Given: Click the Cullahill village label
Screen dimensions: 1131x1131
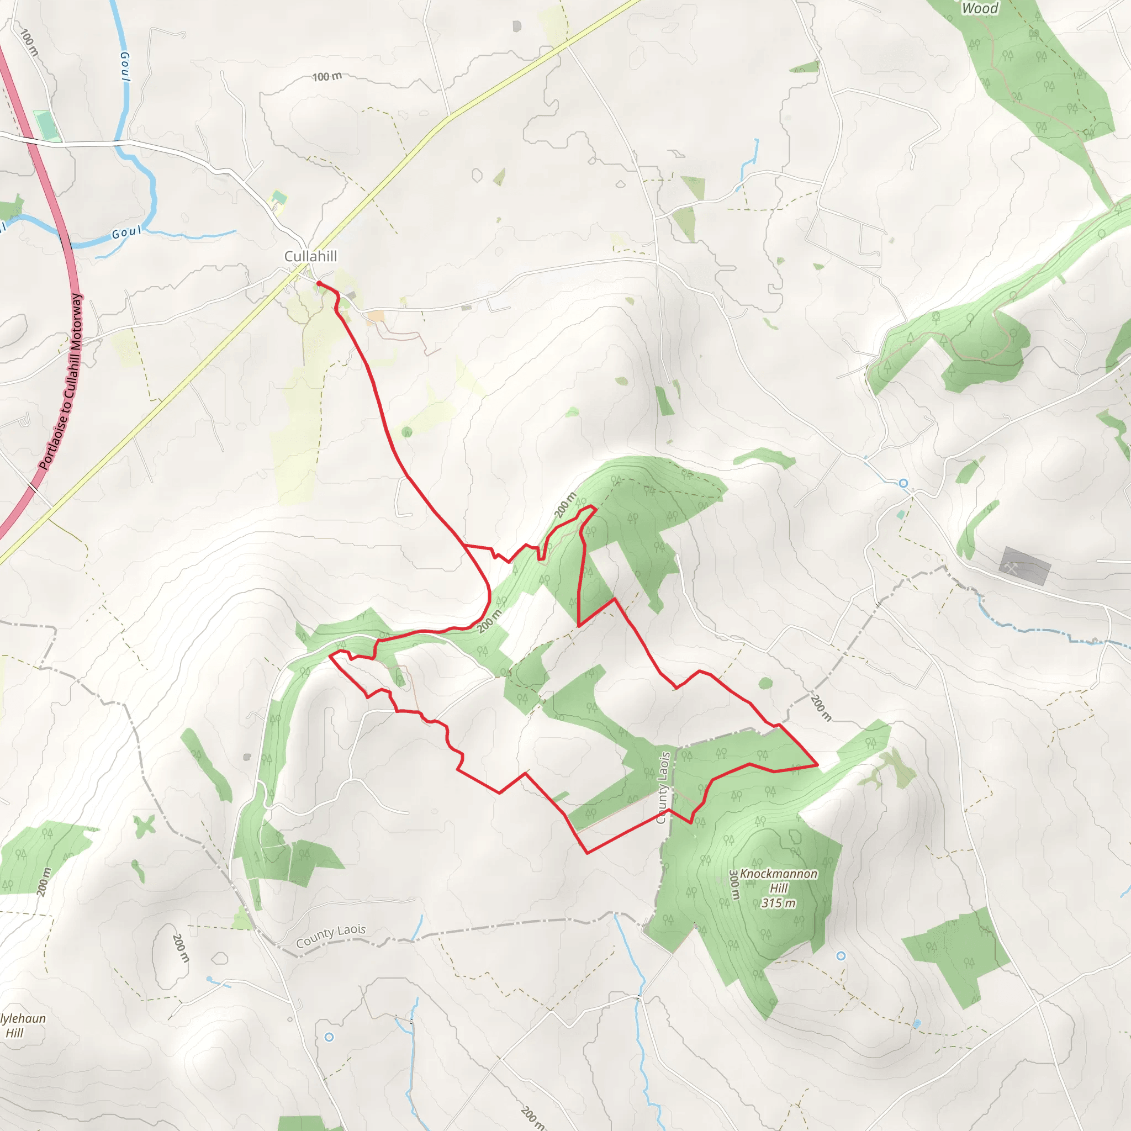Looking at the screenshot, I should pyautogui.click(x=310, y=256).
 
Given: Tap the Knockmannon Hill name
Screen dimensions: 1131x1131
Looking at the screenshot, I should pyautogui.click(x=778, y=880).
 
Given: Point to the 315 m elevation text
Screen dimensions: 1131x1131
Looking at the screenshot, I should pyautogui.click(x=778, y=903).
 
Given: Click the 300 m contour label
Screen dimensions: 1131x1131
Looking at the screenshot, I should pyautogui.click(x=734, y=885).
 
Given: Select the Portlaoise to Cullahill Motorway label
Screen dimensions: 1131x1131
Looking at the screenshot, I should pyautogui.click(x=61, y=382).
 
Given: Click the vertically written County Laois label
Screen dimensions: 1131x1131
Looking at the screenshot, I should pyautogui.click(x=662, y=788).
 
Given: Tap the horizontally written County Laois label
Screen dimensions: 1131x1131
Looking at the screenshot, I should pyautogui.click(x=331, y=936).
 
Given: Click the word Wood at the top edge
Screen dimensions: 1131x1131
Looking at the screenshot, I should pyautogui.click(x=979, y=8).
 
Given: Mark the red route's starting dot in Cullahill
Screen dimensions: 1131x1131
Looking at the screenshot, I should pyautogui.click(x=319, y=283).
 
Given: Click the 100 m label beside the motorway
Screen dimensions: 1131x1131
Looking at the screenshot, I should pyautogui.click(x=29, y=43).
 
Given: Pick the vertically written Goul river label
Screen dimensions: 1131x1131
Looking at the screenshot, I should pyautogui.click(x=125, y=67).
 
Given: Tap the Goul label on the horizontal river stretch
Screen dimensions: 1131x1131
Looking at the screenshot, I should pyautogui.click(x=126, y=233).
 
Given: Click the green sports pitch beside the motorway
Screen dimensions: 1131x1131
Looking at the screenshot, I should pyautogui.click(x=46, y=125).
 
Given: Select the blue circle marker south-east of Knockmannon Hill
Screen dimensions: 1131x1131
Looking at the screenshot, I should pyautogui.click(x=841, y=956).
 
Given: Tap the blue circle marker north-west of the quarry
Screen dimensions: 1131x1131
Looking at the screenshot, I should pyautogui.click(x=903, y=483).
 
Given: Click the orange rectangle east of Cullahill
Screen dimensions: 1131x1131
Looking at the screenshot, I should pyautogui.click(x=374, y=316).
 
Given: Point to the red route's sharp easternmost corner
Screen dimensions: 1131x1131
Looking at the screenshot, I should pyautogui.click(x=817, y=765).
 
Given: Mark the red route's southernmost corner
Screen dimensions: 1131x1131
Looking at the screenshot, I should pyautogui.click(x=587, y=853).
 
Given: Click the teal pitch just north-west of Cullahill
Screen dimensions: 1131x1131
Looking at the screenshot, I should pyautogui.click(x=279, y=198).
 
